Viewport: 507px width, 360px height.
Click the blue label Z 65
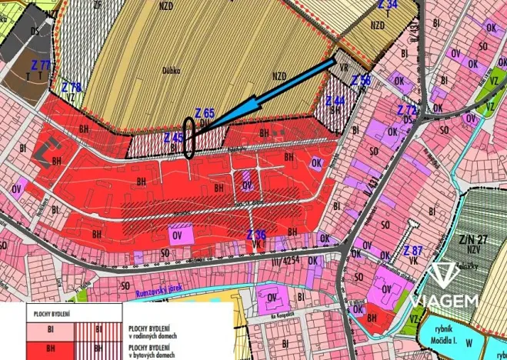(205, 112)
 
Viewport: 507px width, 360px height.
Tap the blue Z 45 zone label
(173, 137)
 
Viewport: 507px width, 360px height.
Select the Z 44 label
(335, 101)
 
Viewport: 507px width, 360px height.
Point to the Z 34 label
(388, 5)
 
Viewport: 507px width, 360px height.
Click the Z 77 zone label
(39, 65)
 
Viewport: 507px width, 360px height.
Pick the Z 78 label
(72, 86)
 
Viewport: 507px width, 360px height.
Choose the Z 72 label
(406, 110)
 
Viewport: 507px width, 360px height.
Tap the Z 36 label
(256, 235)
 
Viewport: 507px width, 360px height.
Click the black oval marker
(190, 138)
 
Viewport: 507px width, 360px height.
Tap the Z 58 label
(361, 81)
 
